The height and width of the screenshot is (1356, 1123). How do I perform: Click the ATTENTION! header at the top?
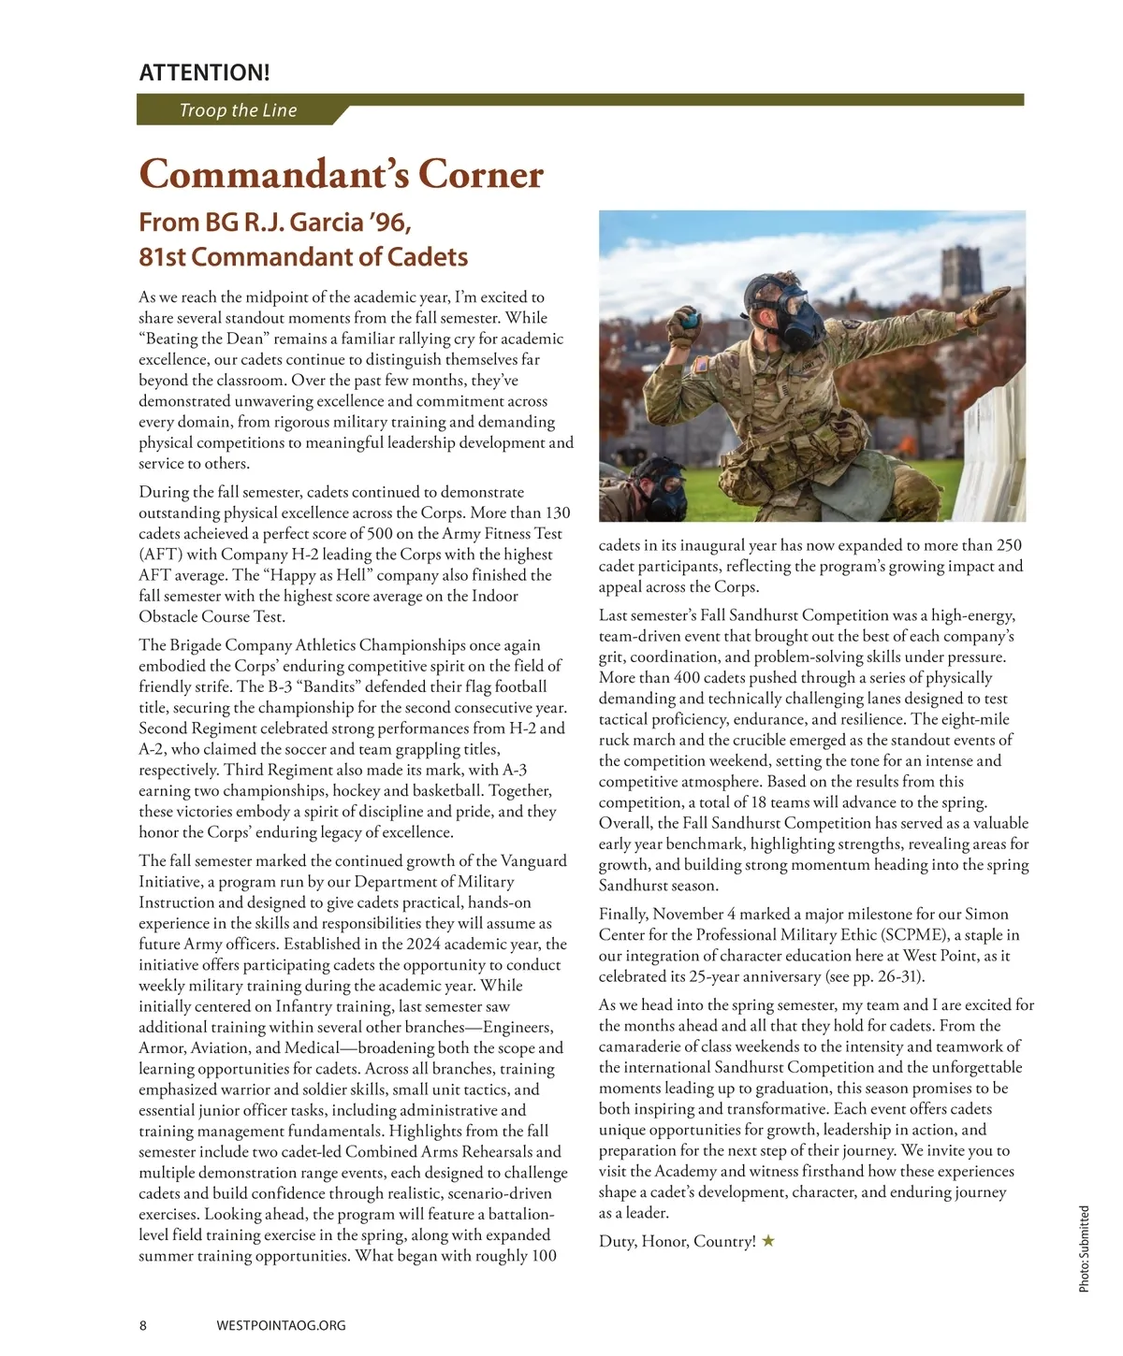click(204, 72)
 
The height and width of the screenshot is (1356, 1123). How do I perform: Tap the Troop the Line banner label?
click(238, 110)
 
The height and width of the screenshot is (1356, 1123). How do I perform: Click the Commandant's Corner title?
click(341, 174)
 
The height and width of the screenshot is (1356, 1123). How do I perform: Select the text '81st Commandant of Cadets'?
click(303, 257)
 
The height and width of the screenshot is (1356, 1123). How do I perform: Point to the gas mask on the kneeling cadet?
click(785, 308)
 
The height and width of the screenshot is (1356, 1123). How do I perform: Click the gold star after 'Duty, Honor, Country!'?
click(768, 1241)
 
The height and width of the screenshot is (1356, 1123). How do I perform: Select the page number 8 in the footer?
click(143, 1325)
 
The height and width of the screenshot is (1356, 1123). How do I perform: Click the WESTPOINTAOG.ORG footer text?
click(281, 1325)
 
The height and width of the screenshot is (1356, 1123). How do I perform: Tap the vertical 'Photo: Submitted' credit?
click(1084, 1248)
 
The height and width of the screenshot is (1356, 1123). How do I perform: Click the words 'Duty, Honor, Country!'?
click(678, 1242)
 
